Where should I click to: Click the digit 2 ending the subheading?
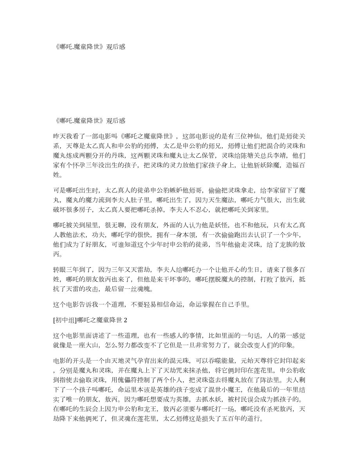click(126, 320)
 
